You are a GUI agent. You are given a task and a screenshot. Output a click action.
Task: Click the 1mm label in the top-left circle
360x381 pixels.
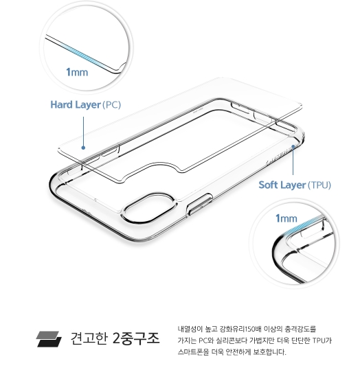pyautogui.click(x=77, y=72)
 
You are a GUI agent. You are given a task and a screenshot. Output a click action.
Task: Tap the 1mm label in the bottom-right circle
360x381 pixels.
pyautogui.click(x=286, y=218)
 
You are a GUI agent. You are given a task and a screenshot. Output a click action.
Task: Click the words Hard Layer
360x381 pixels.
pyautogui.click(x=76, y=105)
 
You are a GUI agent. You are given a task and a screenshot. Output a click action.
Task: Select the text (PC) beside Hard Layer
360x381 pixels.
pyautogui.click(x=111, y=105)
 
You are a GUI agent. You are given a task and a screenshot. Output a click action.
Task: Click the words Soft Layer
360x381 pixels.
pyautogui.click(x=282, y=185)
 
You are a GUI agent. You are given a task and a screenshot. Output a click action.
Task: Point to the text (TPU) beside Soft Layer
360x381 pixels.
pyautogui.click(x=319, y=185)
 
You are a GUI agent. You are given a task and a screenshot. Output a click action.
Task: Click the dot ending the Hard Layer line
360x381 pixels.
pyautogui.click(x=83, y=148)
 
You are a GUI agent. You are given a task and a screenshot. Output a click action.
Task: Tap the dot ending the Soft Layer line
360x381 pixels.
pyautogui.click(x=293, y=146)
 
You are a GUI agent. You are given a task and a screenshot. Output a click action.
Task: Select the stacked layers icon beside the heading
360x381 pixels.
pyautogui.click(x=49, y=338)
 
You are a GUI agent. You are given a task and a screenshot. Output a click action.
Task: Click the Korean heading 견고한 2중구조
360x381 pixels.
pyautogui.click(x=115, y=338)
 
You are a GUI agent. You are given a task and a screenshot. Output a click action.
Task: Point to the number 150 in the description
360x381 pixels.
pyautogui.click(x=249, y=330)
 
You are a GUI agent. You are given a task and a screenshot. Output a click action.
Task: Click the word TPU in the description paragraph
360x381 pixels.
pyautogui.click(x=319, y=340)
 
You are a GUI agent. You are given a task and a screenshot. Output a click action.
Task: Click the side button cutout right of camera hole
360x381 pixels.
pyautogui.click(x=199, y=205)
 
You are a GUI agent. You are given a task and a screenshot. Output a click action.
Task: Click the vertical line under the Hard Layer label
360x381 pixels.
pyautogui.click(x=83, y=131)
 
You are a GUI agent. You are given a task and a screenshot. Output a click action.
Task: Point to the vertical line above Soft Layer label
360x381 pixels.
pyautogui.click(x=293, y=161)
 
